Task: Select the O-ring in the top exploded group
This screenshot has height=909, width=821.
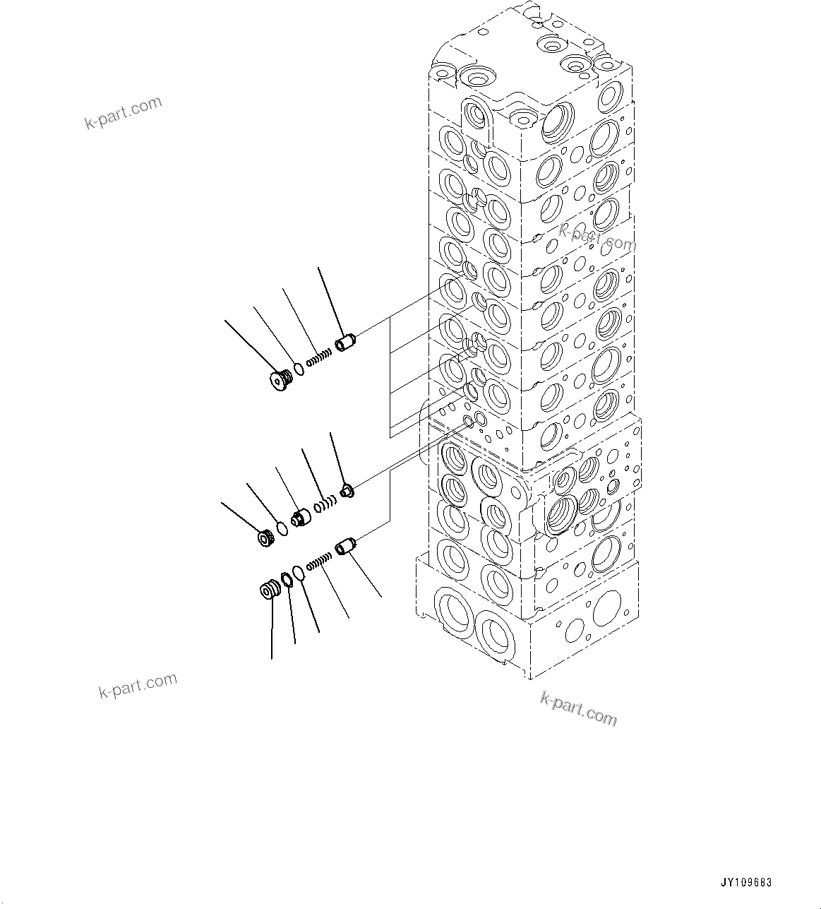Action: click(x=299, y=369)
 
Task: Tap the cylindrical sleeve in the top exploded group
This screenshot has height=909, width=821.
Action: click(x=346, y=345)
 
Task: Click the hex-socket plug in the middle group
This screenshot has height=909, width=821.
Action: click(x=268, y=538)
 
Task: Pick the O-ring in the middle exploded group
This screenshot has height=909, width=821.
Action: click(x=282, y=528)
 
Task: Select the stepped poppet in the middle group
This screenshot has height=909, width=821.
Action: click(x=301, y=518)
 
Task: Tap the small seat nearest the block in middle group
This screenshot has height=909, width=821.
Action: click(x=347, y=491)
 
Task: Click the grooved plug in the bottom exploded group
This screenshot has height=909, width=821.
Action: click(x=269, y=590)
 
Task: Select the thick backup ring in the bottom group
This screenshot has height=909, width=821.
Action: click(x=287, y=581)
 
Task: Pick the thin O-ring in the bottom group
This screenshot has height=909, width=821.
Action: click(x=300, y=572)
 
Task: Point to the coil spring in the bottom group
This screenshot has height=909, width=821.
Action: click(x=320, y=562)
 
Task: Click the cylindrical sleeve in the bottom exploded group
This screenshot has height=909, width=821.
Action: click(x=347, y=547)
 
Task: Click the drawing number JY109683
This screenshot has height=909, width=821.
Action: click(x=747, y=882)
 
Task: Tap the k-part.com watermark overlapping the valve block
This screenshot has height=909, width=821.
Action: click(x=597, y=237)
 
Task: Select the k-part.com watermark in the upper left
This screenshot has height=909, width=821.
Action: click(x=124, y=113)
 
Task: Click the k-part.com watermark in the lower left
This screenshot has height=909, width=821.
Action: click(x=138, y=686)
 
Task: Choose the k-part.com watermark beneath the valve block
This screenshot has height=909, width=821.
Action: click(x=578, y=708)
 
